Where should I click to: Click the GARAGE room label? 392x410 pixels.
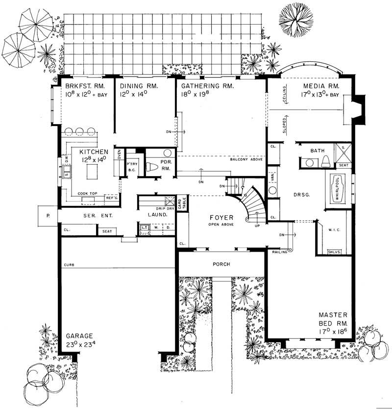[79, 336]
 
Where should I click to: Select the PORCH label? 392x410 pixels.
[221, 264]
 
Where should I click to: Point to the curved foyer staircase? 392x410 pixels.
[254, 202]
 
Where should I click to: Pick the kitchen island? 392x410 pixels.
[92, 172]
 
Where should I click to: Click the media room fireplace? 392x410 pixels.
[357, 106]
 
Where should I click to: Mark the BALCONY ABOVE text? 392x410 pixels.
[246, 160]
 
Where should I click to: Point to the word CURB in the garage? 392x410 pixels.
[69, 265]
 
